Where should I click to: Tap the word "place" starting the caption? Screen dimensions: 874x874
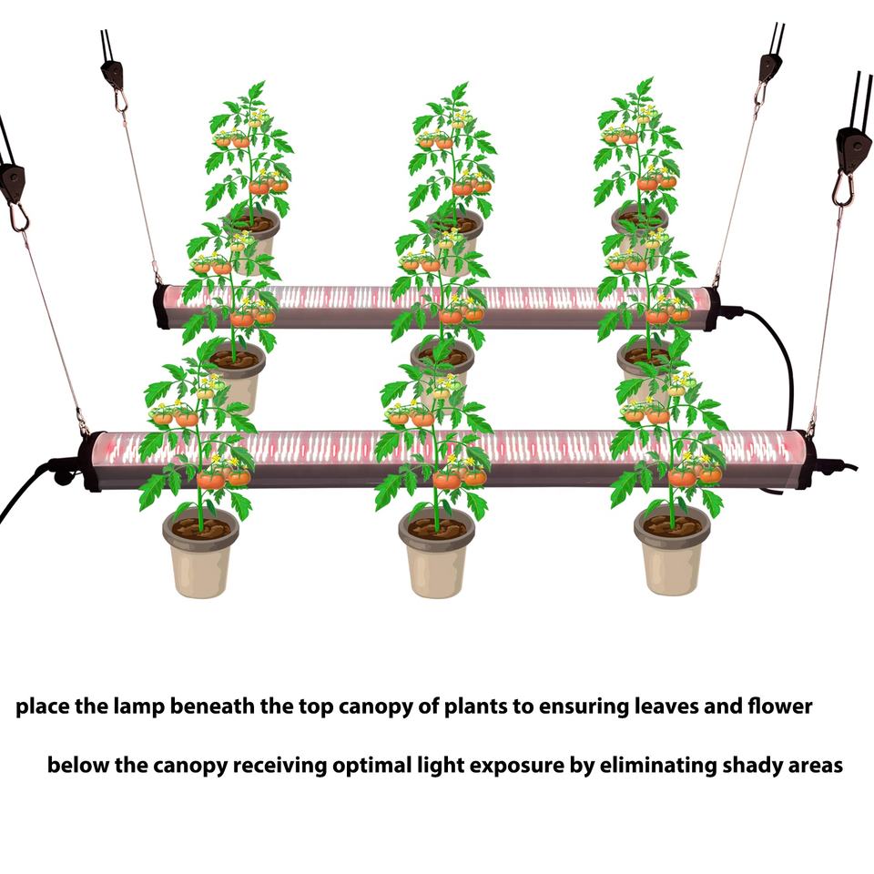tap(43, 706)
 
